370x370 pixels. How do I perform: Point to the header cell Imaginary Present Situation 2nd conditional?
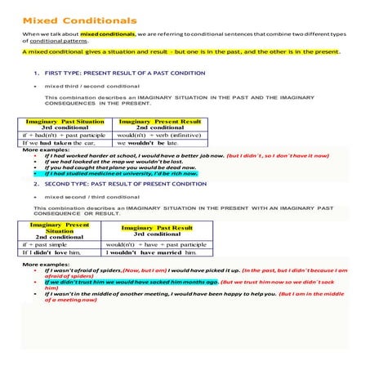click(60, 230)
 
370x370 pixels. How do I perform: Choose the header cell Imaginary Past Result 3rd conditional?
click(157, 231)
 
